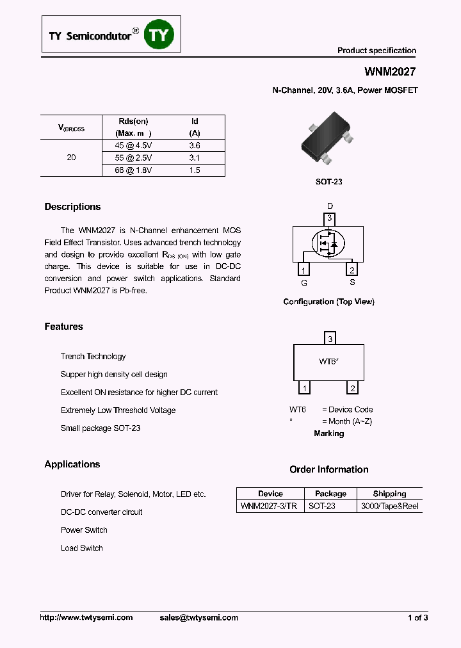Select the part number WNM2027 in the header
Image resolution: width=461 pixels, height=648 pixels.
click(391, 72)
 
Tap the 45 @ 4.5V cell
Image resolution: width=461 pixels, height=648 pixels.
click(133, 145)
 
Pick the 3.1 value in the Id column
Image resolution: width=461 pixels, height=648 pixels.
click(195, 158)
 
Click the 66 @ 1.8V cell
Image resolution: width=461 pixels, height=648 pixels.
click(133, 170)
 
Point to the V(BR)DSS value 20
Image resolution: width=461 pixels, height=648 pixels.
click(71, 158)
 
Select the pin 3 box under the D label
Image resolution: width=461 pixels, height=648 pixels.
click(329, 219)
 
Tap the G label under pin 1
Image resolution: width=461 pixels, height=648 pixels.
click(304, 282)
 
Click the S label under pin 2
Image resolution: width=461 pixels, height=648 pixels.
click(352, 282)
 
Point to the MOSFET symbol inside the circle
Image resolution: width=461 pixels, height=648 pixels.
click(328, 244)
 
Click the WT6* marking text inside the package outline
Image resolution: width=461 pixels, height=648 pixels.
click(328, 362)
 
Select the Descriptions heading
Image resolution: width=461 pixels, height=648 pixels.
click(72, 207)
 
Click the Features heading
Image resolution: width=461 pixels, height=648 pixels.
click(63, 327)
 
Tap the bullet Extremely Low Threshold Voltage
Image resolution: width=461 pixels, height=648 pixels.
click(118, 410)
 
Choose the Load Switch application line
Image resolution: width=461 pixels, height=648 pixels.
click(81, 548)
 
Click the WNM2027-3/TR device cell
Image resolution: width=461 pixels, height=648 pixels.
click(268, 506)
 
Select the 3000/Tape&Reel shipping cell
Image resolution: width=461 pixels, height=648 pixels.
click(389, 506)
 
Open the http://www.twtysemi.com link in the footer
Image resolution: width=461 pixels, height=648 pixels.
click(86, 617)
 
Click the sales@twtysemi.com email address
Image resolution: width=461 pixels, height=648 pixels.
click(198, 617)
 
